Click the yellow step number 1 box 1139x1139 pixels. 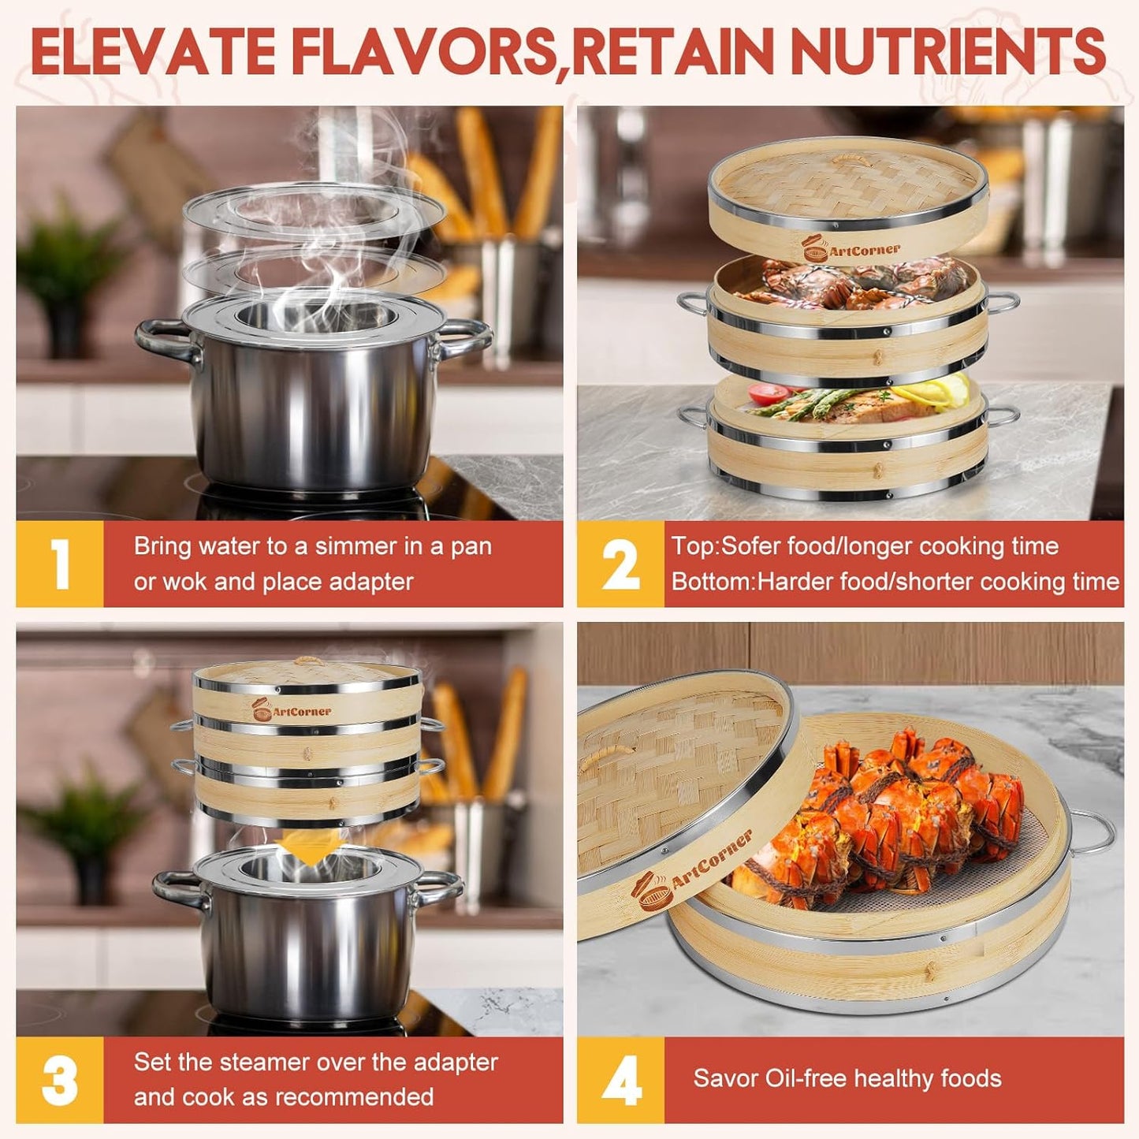60,564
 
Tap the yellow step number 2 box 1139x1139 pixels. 620,564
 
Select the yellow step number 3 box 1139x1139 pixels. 60,1079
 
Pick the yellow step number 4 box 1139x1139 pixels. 620,1079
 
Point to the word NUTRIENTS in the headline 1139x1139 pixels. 948,51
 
